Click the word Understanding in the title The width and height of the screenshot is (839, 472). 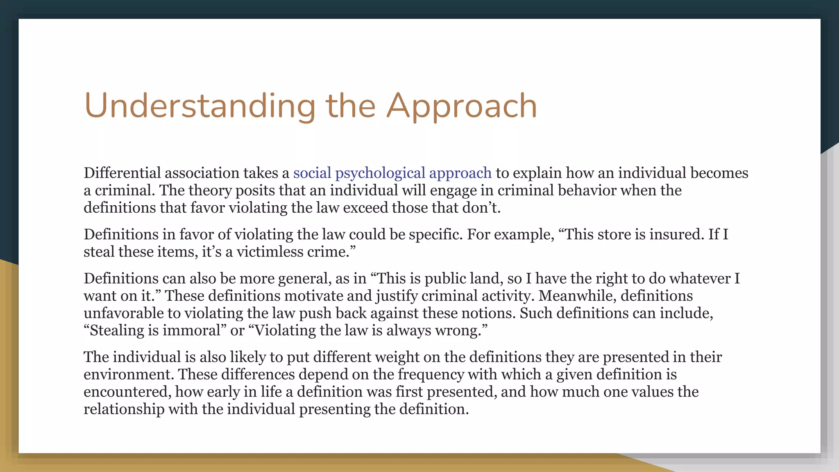(x=200, y=106)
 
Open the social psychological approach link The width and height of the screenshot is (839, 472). (x=392, y=173)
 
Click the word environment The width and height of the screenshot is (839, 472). (x=129, y=374)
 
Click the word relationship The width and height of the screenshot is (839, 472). (x=124, y=409)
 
